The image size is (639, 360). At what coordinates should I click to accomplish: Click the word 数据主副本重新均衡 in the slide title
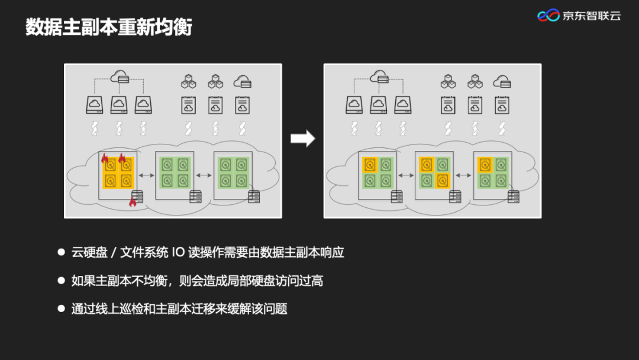click(x=109, y=27)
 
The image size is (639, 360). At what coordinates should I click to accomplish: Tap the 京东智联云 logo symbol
click(x=548, y=15)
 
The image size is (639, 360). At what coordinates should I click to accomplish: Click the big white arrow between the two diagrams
click(x=302, y=139)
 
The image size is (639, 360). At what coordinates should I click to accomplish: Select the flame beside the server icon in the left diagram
click(x=133, y=202)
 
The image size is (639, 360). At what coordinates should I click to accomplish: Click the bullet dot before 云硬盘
click(x=61, y=252)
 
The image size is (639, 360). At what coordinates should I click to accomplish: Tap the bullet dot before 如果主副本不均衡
click(x=61, y=280)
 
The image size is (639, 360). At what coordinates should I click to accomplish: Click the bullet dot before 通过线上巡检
click(x=61, y=308)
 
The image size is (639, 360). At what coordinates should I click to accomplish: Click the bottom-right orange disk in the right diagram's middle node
click(x=441, y=180)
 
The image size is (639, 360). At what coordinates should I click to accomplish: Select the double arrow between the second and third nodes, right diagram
click(x=463, y=175)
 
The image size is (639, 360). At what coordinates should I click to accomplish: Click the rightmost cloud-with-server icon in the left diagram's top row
click(x=241, y=81)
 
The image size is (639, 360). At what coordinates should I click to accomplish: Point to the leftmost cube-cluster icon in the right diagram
click(x=448, y=81)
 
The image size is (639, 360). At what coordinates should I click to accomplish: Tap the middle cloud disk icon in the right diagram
click(x=378, y=105)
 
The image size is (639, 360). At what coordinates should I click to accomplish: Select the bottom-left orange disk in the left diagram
click(x=110, y=181)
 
